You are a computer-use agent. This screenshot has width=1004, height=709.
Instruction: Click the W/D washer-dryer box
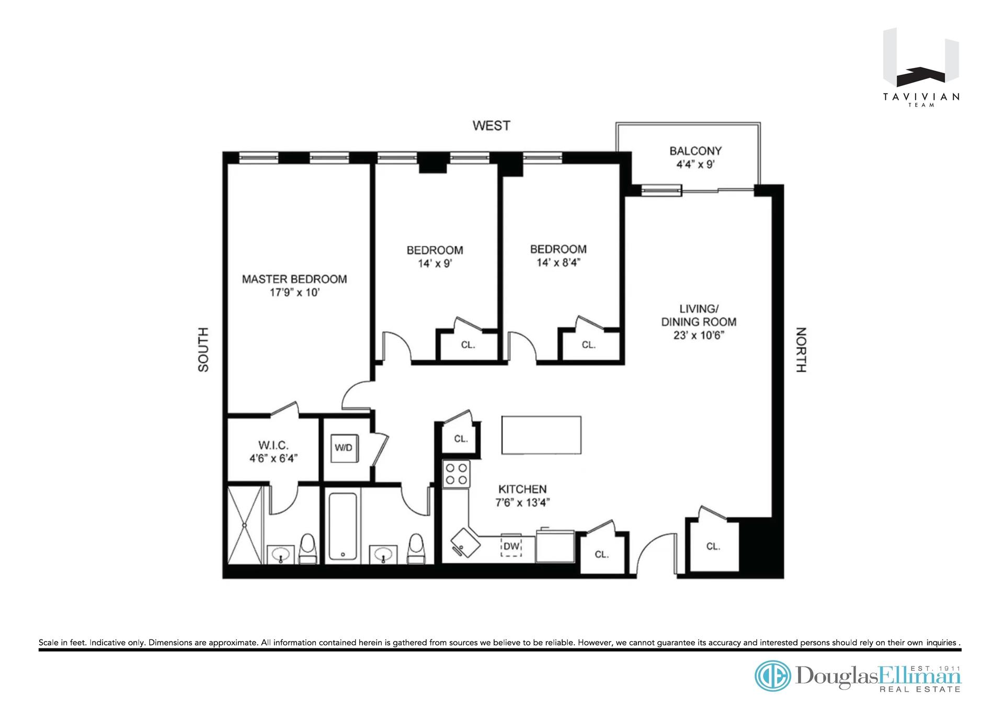[x=344, y=448]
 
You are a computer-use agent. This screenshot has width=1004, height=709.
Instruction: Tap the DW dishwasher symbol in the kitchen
[x=511, y=546]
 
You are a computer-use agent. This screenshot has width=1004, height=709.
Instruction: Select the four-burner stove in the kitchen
[x=456, y=474]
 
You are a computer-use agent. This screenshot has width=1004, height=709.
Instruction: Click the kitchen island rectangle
[x=541, y=435]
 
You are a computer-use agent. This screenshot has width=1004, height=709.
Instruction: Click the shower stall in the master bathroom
[x=244, y=525]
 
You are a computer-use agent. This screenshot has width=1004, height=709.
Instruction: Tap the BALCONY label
[x=695, y=151]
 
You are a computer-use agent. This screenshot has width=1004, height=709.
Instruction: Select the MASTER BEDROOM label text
[x=294, y=279]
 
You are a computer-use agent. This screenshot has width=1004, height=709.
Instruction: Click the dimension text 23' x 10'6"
[x=698, y=336]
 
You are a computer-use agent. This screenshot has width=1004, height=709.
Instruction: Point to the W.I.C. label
[x=273, y=445]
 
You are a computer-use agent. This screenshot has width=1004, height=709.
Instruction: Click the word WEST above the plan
[x=491, y=125]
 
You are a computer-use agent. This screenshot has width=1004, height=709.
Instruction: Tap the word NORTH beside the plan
[x=801, y=350]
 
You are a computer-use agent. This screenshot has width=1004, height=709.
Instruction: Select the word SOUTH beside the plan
[x=203, y=350]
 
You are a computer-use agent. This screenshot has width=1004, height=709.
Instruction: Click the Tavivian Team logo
[x=921, y=68]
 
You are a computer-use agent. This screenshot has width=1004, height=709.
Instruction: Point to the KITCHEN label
[x=522, y=489]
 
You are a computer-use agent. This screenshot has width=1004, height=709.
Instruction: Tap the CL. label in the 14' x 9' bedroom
[x=468, y=345]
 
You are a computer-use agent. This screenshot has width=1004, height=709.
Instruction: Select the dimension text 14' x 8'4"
[x=558, y=262]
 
